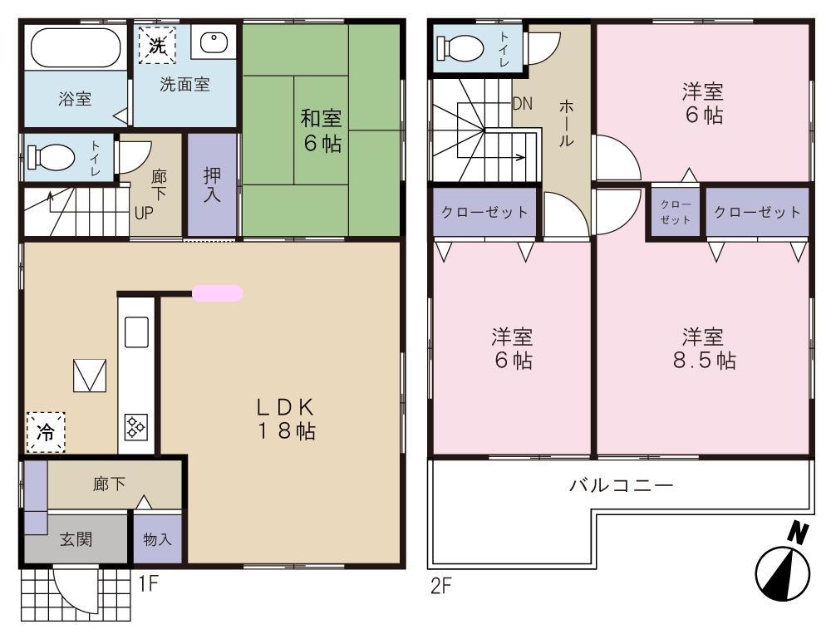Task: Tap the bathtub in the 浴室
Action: tap(76, 49)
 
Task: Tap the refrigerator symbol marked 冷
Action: tap(46, 432)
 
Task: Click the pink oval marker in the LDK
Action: tap(218, 292)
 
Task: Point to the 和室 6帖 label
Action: tap(321, 131)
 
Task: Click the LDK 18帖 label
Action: tap(284, 419)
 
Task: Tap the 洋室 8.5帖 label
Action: tap(703, 348)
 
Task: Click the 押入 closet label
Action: tap(212, 185)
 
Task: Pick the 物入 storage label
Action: tap(158, 539)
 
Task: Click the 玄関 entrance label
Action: tap(76, 538)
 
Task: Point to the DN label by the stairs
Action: tap(522, 104)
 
